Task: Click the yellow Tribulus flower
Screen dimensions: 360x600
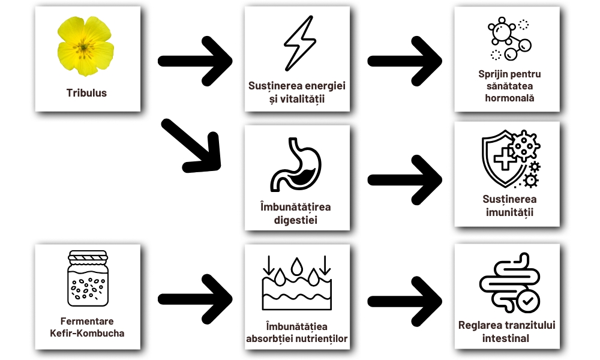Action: [x=86, y=46]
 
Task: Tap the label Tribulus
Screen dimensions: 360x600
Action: [x=86, y=93]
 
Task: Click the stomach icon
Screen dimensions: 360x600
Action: [x=296, y=164]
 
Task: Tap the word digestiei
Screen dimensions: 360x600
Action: [x=296, y=220]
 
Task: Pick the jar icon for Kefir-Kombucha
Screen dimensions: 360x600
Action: [x=88, y=279]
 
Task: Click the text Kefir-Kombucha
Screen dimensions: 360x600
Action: [x=88, y=333]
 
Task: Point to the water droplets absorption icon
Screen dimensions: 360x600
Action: [x=296, y=282]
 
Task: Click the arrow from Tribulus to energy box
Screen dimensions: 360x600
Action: [x=194, y=60]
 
